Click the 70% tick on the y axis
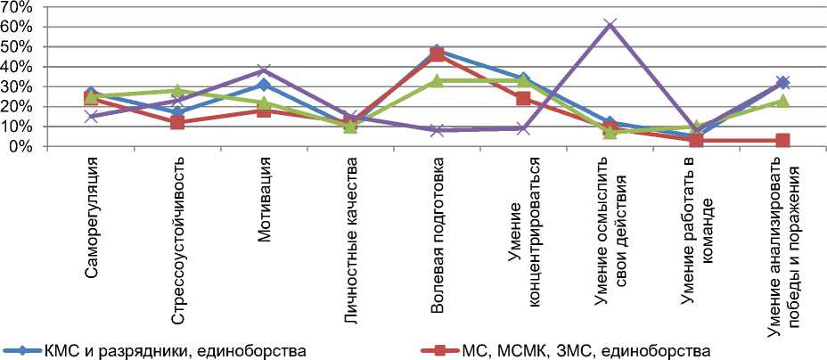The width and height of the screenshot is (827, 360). (x=18, y=7)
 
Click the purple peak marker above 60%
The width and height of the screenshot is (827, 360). (x=610, y=24)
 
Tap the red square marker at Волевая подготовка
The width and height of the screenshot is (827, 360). (x=438, y=55)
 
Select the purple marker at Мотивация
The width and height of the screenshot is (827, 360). (x=265, y=70)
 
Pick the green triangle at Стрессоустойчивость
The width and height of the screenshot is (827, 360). (x=178, y=91)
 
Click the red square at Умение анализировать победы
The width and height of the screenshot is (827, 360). (x=783, y=140)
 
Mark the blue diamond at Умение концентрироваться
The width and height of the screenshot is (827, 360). (x=524, y=79)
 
